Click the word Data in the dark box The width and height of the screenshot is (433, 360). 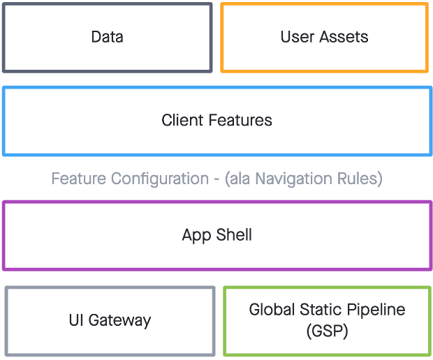click(108, 37)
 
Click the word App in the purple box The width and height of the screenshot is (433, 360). click(196, 235)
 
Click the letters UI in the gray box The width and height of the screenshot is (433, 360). click(76, 321)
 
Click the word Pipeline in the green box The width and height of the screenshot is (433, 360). click(378, 310)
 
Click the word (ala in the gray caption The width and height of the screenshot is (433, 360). click(239, 179)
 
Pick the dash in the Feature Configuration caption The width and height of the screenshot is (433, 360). click(217, 179)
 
